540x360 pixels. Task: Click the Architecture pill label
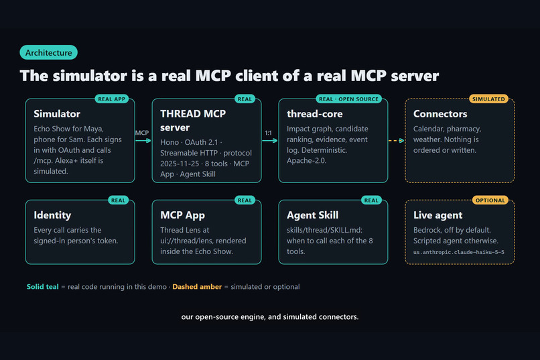[48, 52]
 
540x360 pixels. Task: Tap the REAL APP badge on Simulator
[112, 99]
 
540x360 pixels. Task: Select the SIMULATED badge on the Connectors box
[488, 99]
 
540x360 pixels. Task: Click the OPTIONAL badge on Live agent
[490, 200]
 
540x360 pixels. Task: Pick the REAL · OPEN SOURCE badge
[348, 99]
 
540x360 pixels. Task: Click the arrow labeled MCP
[143, 141]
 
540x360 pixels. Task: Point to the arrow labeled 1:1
[269, 141]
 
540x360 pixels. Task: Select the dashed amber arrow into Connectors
[396, 141]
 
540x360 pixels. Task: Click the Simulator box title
[57, 114]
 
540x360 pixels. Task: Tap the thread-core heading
[315, 114]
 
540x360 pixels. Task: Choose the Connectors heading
[440, 114]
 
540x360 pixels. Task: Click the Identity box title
[52, 215]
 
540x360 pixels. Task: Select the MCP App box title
[182, 215]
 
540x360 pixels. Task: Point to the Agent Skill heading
[313, 215]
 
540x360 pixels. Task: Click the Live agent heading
[437, 215]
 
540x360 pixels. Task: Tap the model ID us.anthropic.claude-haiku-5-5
[459, 252]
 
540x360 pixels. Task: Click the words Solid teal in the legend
[43, 287]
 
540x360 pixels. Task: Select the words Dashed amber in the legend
[197, 287]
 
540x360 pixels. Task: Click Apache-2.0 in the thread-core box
[306, 160]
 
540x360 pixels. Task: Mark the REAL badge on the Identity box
[118, 200]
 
